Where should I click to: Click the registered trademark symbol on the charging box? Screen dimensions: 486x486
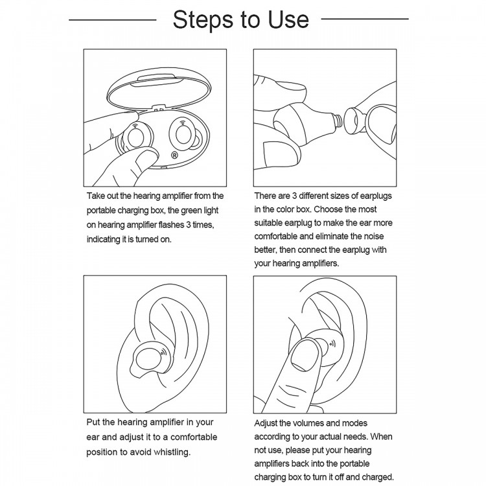pyautogui.click(x=174, y=155)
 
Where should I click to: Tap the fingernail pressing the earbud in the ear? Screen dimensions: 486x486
pyautogui.click(x=306, y=354)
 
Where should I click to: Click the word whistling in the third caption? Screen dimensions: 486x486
pyautogui.click(x=172, y=452)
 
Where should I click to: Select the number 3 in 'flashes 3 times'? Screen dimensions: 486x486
pyautogui.click(x=188, y=224)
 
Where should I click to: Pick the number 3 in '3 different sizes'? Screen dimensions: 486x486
pyautogui.click(x=294, y=196)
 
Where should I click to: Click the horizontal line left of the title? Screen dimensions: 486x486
pyautogui.click(x=113, y=20)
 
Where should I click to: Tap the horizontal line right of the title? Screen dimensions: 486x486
pyautogui.click(x=365, y=19)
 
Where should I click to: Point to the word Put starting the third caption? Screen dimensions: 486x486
pyautogui.click(x=93, y=422)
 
